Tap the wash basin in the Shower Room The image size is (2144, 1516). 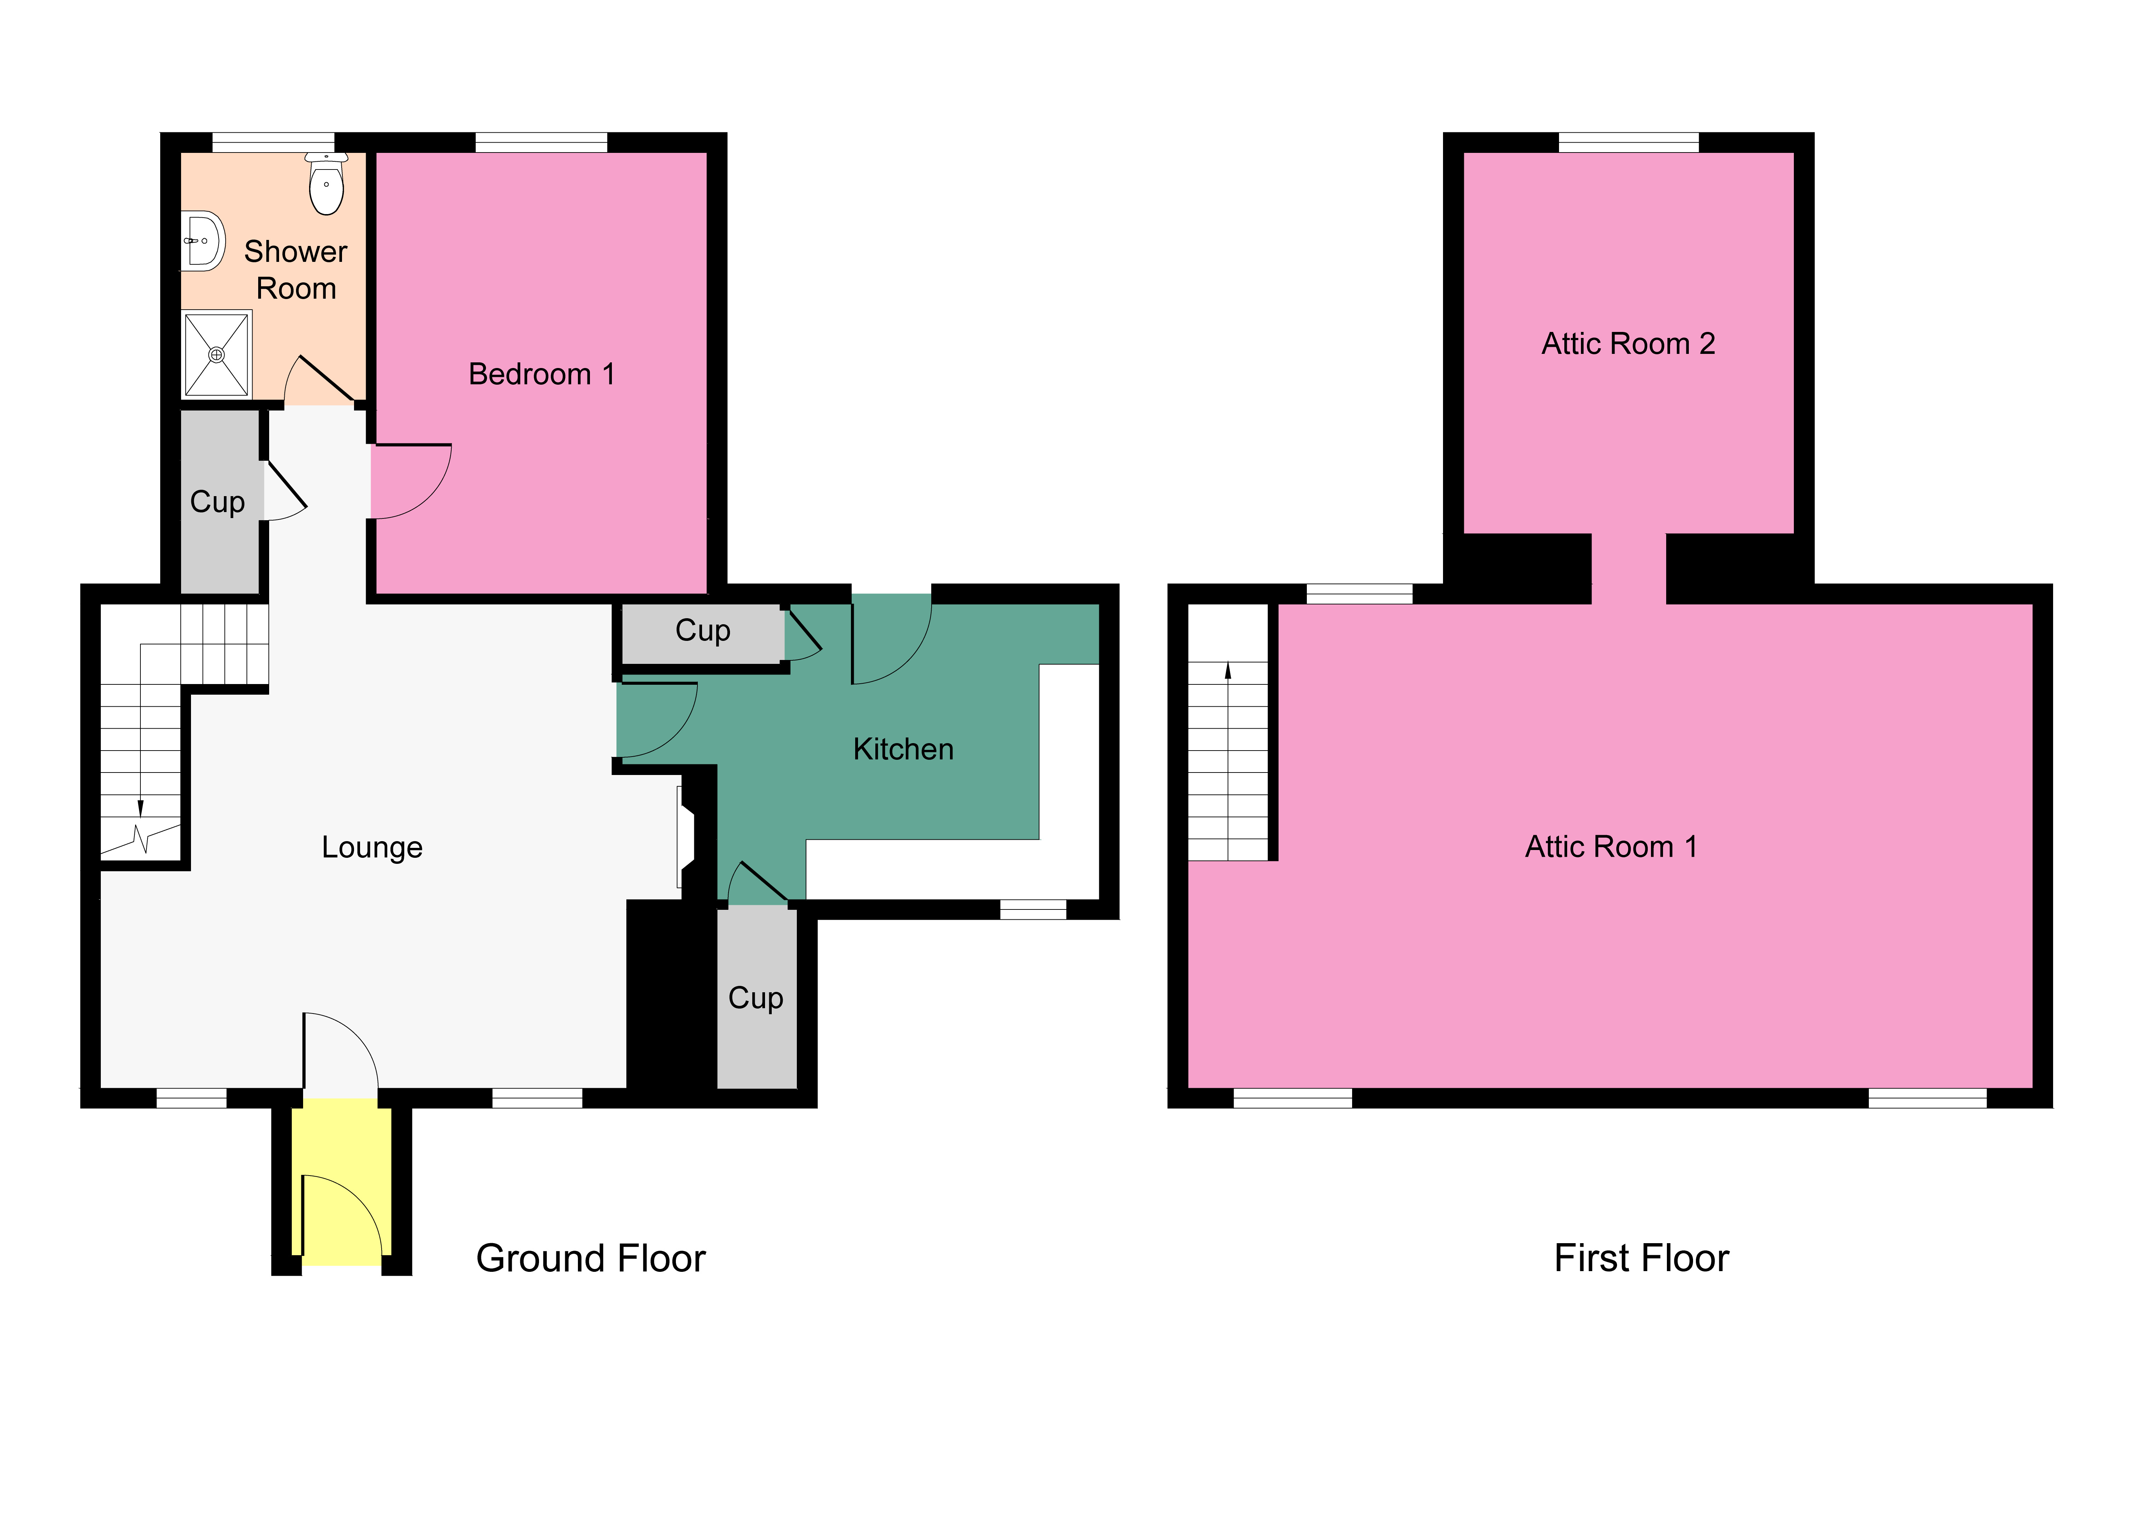pos(203,241)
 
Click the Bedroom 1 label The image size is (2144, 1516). pos(541,374)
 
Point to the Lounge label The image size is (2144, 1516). pos(372,847)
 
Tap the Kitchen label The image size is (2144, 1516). pos(903,749)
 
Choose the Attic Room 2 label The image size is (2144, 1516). pos(1628,344)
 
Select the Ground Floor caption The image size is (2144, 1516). pos(590,1258)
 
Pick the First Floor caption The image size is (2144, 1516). pos(1641,1258)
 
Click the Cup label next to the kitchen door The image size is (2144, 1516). pos(702,631)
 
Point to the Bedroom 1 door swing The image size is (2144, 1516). pos(411,481)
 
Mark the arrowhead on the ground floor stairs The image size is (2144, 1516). pos(140,808)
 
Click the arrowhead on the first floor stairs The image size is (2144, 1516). pos(1228,670)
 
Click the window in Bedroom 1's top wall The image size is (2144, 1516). pos(541,142)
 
